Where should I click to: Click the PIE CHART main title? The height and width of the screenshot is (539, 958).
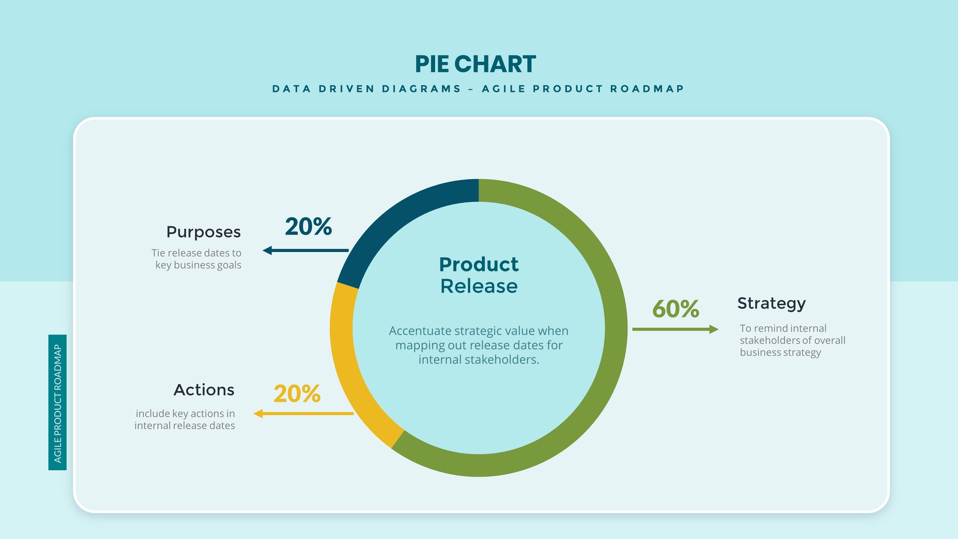tap(475, 64)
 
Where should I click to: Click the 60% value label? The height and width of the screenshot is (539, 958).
tap(676, 309)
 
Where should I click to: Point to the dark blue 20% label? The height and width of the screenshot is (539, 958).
tap(308, 227)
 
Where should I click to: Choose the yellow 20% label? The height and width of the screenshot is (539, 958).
tap(297, 394)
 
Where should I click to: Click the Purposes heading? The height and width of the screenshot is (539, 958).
tap(204, 232)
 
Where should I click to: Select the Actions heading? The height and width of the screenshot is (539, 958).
tap(204, 390)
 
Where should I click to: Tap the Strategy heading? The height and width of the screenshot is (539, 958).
tap(771, 303)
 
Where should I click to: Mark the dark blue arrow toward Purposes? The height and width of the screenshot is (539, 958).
tap(305, 251)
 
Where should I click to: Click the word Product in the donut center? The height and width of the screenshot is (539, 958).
tap(479, 265)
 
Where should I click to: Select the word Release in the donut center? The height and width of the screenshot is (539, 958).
tap(479, 286)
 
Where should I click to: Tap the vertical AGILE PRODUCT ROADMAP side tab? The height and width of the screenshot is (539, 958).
tap(57, 403)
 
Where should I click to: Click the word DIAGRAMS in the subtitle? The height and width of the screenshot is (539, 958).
tap(422, 89)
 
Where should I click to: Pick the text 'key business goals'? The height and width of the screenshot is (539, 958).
tap(198, 265)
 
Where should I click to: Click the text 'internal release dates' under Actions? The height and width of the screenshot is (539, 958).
tap(185, 426)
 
